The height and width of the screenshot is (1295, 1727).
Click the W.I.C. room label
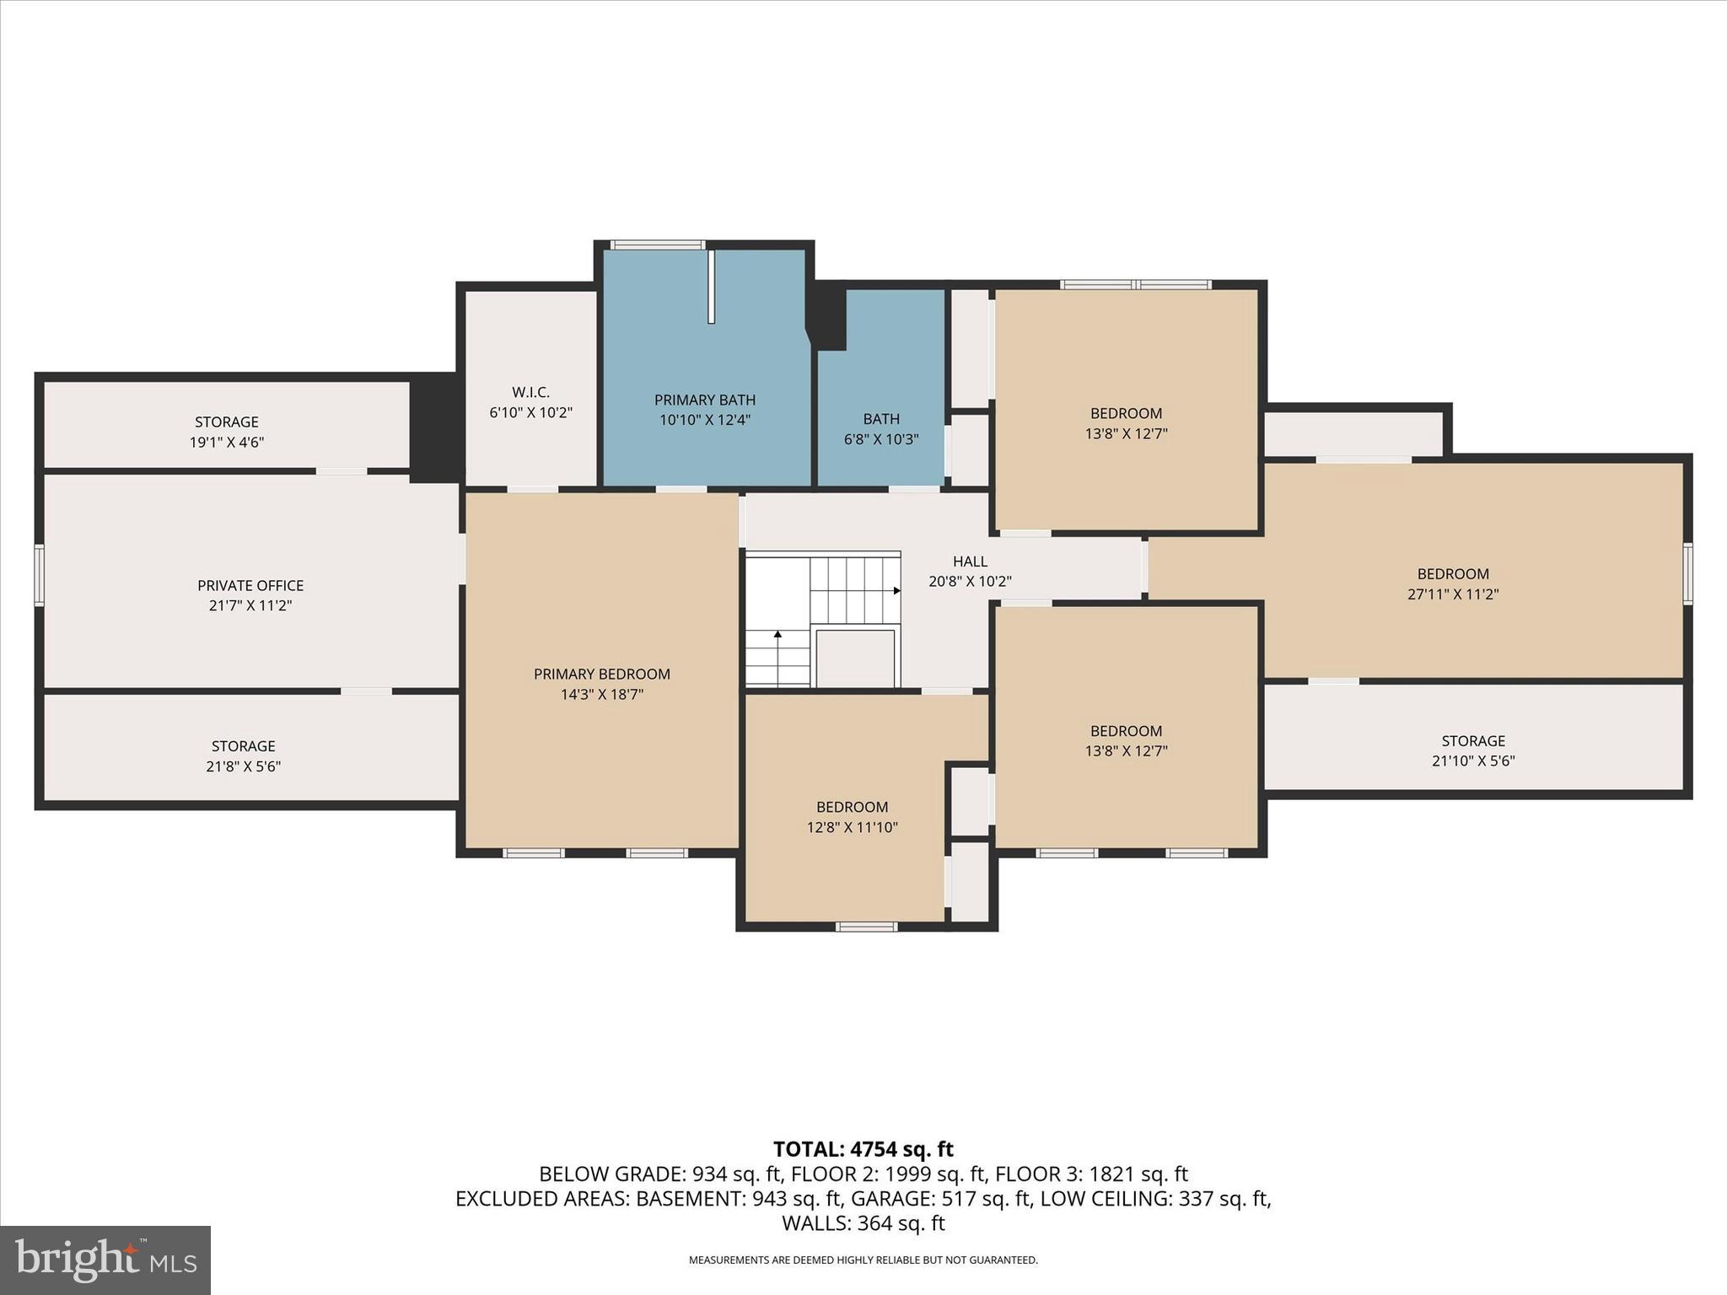[x=530, y=392]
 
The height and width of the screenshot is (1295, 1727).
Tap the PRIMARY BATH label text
[x=704, y=400]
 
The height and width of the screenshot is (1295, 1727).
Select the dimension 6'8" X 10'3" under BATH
[x=880, y=439]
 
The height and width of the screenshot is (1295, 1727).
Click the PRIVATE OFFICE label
[x=250, y=585]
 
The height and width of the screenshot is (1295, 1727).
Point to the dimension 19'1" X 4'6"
[x=226, y=442]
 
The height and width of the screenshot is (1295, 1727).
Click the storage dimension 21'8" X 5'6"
[x=243, y=766]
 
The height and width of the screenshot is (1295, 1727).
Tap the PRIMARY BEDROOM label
[x=601, y=674]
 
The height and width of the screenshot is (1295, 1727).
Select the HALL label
[x=970, y=561]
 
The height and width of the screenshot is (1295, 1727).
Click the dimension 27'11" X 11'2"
[x=1452, y=594]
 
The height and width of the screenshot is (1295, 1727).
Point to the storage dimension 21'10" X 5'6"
[x=1472, y=760]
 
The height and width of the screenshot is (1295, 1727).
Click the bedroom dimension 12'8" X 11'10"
[x=852, y=827]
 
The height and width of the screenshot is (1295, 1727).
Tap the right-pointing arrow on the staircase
[x=896, y=591]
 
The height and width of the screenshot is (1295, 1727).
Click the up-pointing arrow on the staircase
[x=777, y=633]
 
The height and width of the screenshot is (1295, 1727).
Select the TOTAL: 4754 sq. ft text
[x=863, y=1149]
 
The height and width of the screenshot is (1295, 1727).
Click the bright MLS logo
[x=105, y=1260]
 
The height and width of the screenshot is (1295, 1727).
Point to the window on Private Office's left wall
[x=39, y=574]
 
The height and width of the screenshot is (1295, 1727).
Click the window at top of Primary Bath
[x=657, y=245]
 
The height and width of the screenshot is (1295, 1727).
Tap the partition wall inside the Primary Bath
[x=711, y=286]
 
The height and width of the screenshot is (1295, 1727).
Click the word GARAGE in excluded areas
[x=885, y=1198]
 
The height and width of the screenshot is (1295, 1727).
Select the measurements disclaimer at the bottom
[x=863, y=1260]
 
